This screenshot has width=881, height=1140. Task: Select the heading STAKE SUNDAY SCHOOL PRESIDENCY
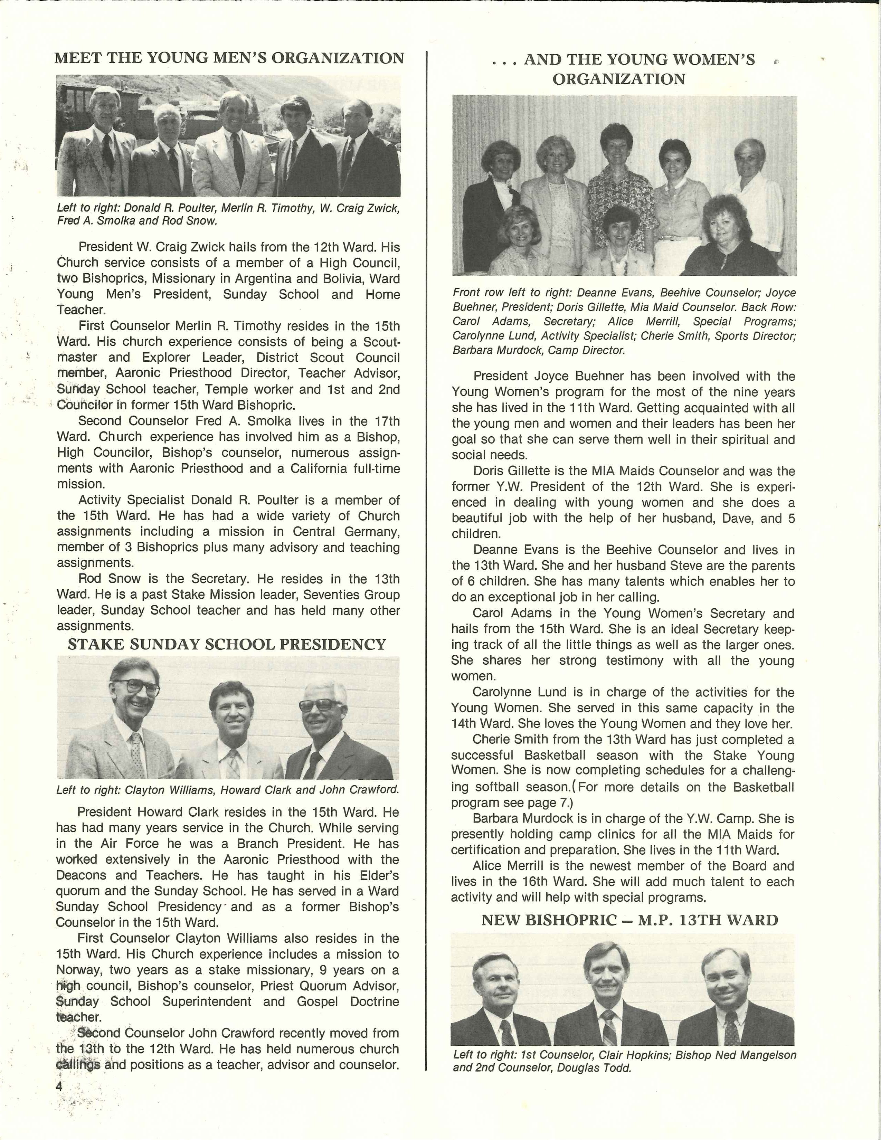tap(227, 645)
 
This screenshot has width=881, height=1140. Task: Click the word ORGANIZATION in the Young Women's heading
tap(619, 79)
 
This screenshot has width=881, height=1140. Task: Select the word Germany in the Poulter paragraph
tap(372, 532)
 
